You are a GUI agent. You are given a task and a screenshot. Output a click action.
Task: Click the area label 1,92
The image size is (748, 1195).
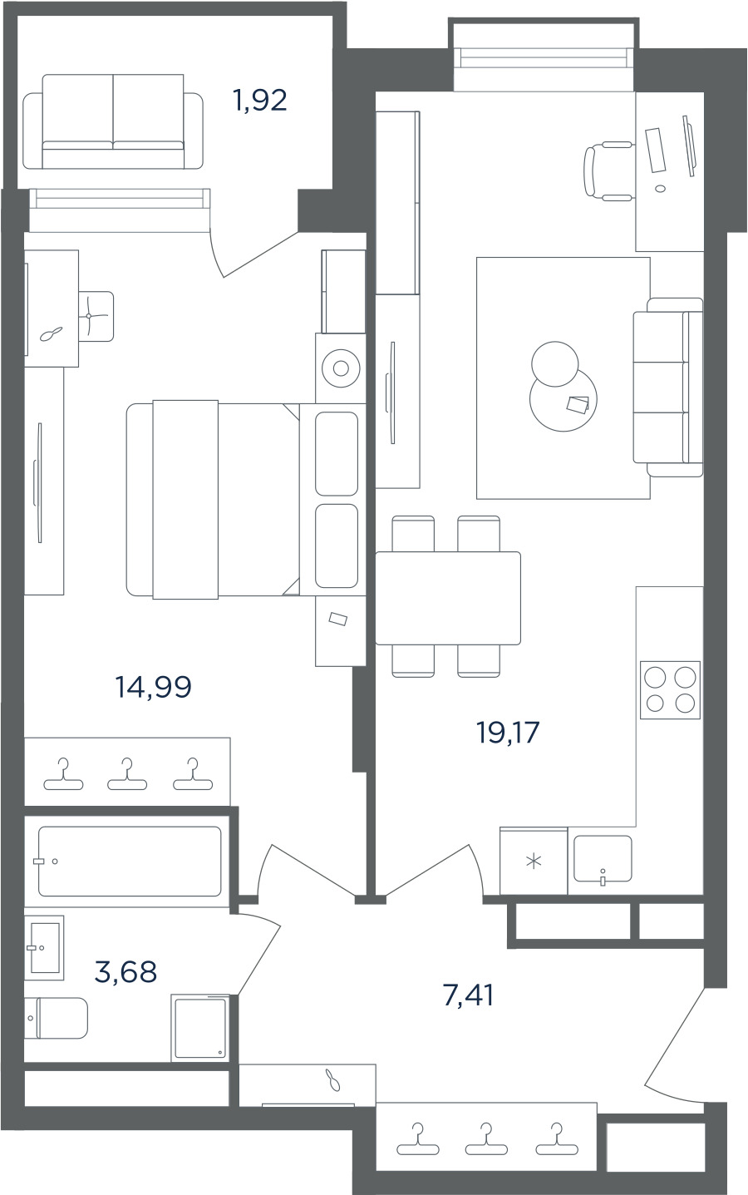coord(260,101)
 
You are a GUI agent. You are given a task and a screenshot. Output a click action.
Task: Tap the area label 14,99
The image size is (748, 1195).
coord(153,687)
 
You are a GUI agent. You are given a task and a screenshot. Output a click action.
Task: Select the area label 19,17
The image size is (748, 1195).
coord(508,732)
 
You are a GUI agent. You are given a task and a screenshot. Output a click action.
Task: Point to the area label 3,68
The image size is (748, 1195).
coord(125,971)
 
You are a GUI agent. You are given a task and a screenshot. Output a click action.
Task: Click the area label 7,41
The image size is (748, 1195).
coord(468,995)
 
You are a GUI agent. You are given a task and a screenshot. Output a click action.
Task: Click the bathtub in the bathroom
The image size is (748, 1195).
coord(130,862)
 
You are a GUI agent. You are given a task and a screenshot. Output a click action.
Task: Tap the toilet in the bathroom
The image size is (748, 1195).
coord(56,1018)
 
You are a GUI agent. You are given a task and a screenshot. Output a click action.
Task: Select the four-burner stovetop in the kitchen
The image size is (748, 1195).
coord(670,690)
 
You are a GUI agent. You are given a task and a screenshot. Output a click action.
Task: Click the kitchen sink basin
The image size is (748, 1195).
coord(603,859)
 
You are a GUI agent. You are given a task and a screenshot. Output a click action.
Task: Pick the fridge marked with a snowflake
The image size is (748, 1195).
coord(534,861)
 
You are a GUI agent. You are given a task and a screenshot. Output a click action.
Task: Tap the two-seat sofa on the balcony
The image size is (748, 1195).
coord(113,122)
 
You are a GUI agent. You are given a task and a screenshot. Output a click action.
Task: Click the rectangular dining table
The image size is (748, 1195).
coord(448,598)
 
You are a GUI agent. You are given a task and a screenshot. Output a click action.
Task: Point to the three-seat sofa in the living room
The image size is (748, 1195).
coord(668,387)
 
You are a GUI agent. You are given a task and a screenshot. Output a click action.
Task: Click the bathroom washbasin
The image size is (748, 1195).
coord(44,948)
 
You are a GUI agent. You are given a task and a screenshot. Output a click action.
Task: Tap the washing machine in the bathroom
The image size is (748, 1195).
coord(200,1028)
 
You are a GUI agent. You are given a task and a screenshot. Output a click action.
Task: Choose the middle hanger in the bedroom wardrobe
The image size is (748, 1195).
coord(127,774)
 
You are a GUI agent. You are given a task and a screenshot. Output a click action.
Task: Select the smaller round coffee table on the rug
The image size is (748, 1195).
coord(555,364)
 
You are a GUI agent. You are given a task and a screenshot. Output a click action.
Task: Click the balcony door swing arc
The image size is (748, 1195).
coord(214,254)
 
